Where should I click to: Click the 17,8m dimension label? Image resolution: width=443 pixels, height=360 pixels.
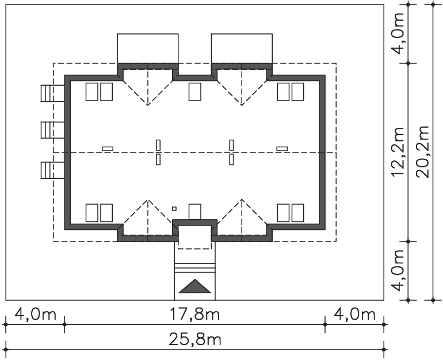pos(194,314)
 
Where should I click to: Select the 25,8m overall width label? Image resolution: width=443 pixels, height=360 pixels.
pos(194,339)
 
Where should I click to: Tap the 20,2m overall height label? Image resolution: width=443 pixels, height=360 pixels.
pos(423,152)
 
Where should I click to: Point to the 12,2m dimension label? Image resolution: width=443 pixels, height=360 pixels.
pos(398,152)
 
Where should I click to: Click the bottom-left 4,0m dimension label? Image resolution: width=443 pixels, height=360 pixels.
pos(35,314)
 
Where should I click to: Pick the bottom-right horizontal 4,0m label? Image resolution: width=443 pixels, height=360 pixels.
pos(354,314)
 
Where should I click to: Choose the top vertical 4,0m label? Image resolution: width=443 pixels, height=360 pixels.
pos(398,33)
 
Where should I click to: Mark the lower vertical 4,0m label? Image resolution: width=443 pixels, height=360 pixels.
pos(398,270)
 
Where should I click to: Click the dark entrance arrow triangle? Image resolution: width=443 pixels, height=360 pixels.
pos(194,286)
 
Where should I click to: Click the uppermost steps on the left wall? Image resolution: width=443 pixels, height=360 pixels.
pos(52,93)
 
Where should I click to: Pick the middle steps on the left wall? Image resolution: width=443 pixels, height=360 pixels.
pos(52,130)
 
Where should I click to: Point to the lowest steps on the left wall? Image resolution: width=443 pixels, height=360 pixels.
pos(52,170)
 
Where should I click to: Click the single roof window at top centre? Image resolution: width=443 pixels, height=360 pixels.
pos(194,92)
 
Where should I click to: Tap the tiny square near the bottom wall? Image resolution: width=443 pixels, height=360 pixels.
pos(174,209)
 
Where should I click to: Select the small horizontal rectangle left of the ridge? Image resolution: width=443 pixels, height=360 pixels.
pos(108,148)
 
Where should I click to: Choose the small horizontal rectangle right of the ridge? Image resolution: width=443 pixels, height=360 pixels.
pos(282,148)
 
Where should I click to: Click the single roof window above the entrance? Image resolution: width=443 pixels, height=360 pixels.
pos(194,212)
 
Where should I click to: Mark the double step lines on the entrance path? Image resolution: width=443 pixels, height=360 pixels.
pos(194,268)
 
